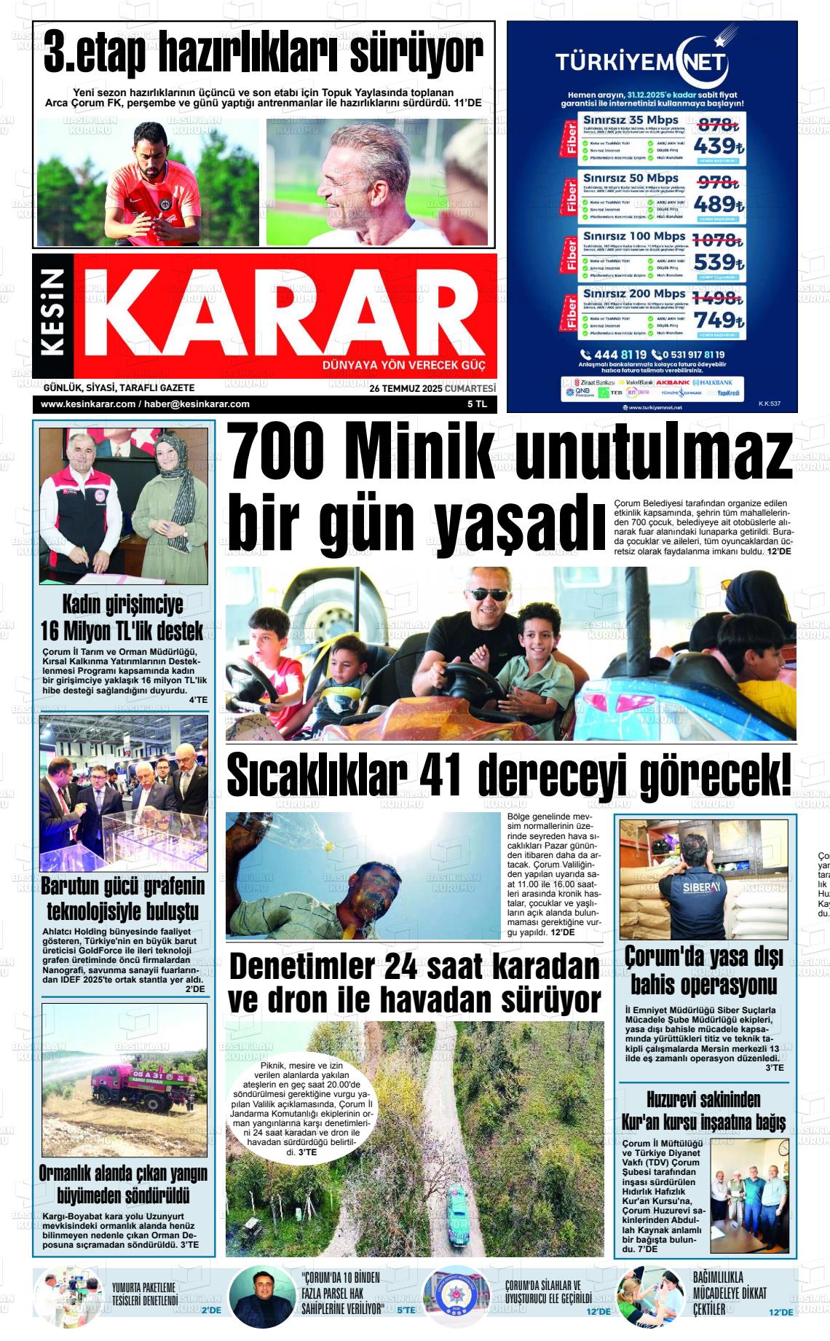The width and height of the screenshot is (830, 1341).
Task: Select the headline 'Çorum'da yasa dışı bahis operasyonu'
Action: point(703,971)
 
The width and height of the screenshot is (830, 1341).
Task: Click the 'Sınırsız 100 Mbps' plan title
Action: point(631,236)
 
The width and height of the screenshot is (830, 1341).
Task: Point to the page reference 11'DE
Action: point(467,103)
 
